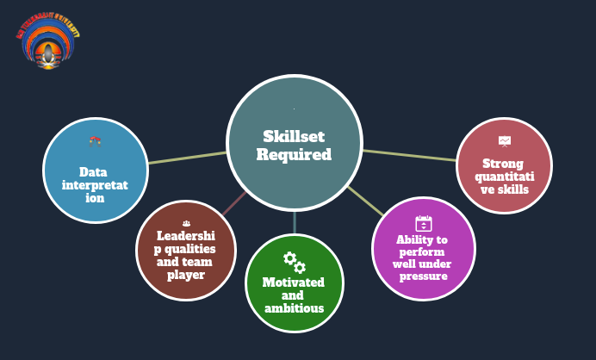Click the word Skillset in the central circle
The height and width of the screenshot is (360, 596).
coord(294,136)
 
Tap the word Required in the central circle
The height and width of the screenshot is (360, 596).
coord(294,155)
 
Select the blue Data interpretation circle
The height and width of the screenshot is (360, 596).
coord(96,171)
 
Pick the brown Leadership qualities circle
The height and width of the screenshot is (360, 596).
coord(186,251)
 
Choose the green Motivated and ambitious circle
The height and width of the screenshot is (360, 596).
coord(295,283)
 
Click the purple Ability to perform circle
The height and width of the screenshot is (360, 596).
coord(423,249)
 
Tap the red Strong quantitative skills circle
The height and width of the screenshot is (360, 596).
coord(504,166)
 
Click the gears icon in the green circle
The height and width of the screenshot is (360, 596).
coord(295,261)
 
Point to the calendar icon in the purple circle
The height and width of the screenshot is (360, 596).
coord(423,222)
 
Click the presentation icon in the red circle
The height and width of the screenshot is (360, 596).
coord(504,140)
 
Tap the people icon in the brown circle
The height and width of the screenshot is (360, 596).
coord(186,223)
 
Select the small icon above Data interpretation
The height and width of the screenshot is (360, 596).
coord(96,140)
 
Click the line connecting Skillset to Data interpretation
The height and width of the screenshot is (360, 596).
coord(188,158)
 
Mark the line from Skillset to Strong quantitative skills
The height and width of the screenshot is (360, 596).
coord(409,155)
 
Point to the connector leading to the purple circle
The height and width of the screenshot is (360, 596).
coord(365,202)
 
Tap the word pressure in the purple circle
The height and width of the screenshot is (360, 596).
coord(423,276)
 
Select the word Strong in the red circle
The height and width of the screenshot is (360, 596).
coord(504,163)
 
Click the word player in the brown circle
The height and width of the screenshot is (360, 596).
coord(186,275)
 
